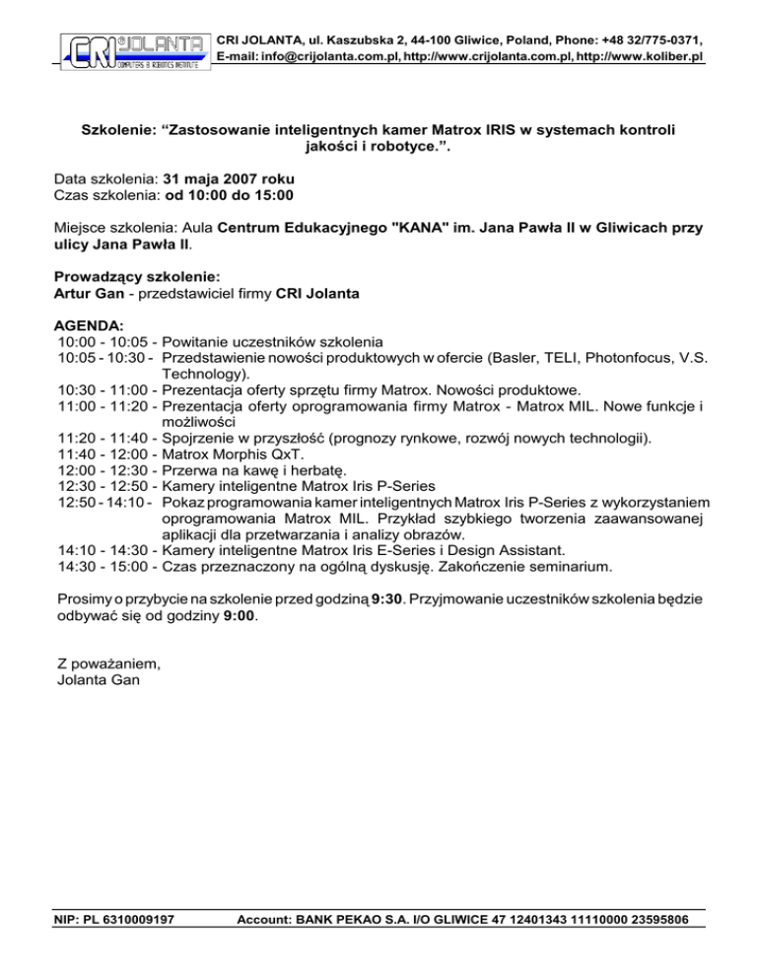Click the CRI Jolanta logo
(x=135, y=50)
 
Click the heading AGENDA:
(x=90, y=323)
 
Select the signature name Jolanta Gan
(x=99, y=683)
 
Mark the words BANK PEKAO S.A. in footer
(x=360, y=921)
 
